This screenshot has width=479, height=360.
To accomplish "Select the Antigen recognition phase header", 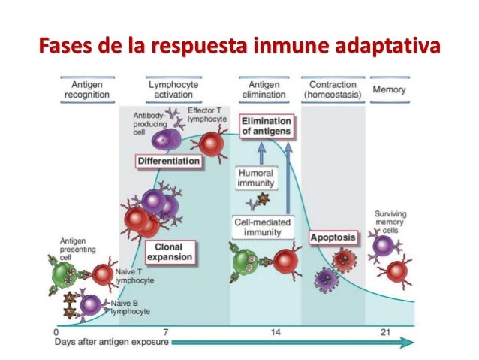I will coord(89,90).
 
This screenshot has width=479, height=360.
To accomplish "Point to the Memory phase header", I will coord(390,90).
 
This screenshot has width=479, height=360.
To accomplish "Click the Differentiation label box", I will coord(169,161).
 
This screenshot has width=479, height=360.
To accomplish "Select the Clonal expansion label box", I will coord(170,251).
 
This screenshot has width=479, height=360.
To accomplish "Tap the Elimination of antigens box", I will coord(266,126).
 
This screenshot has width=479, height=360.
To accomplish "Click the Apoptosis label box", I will coord(333,237).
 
